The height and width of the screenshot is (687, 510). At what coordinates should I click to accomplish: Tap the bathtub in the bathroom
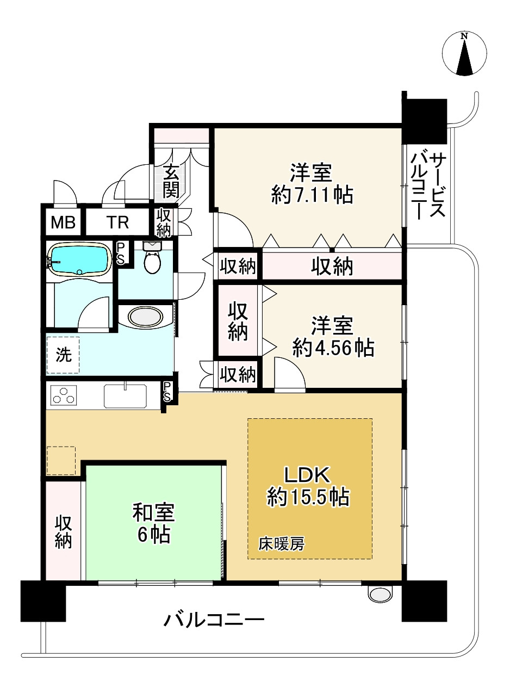79,259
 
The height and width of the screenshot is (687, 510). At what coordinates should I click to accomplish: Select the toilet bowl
152,257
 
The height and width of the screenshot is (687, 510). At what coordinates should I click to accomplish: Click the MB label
63,222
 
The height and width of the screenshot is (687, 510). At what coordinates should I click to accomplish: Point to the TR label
117,222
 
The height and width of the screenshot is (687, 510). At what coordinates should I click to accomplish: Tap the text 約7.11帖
312,195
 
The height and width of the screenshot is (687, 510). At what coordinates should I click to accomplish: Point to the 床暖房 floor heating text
282,544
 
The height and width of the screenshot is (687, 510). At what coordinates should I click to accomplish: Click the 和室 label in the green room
153,512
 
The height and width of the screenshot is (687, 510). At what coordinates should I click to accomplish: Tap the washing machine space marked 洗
63,355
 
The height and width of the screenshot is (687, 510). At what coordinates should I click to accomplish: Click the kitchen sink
125,395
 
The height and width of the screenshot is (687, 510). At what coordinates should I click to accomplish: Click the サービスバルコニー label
428,186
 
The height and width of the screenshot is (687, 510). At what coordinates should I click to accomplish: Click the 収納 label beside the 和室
63,532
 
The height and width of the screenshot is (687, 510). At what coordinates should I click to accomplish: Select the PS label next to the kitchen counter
167,392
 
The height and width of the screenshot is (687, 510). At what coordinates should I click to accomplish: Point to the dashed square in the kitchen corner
61,461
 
